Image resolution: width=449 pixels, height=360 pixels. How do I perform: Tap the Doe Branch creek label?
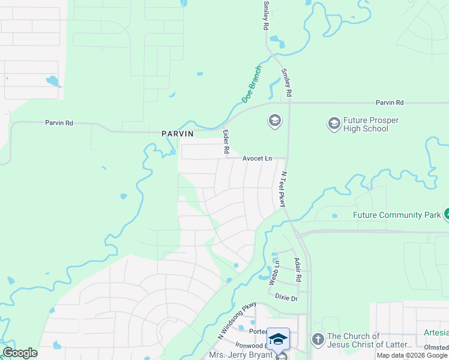252,84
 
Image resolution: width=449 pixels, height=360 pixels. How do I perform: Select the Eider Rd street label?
226,143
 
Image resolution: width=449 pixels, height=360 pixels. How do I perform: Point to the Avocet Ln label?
257,158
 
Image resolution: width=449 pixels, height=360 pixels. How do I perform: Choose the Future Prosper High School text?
370,124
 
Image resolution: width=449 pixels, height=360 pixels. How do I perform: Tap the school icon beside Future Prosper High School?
334,124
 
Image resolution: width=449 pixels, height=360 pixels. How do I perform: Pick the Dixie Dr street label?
286,297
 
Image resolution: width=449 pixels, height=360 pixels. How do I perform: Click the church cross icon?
317,340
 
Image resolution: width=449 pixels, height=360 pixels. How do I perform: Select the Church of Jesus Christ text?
369,340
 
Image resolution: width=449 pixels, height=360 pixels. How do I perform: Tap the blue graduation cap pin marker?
278,340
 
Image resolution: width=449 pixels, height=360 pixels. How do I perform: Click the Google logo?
20,353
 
